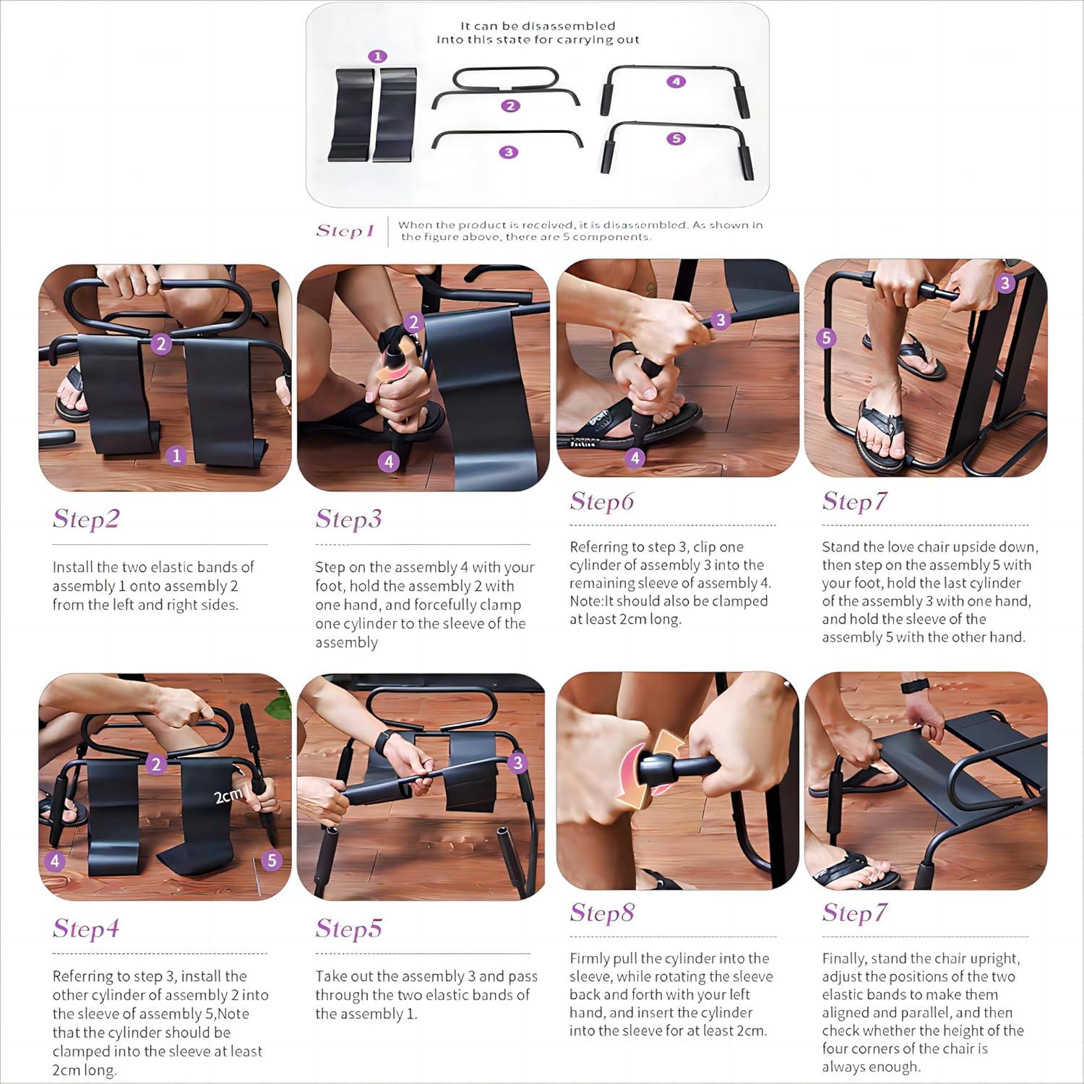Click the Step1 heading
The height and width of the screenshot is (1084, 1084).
pos(345,231)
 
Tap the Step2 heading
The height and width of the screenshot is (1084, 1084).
pos(86,519)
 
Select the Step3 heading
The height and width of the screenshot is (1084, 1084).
pos(348,519)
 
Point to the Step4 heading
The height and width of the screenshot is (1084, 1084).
pos(86,929)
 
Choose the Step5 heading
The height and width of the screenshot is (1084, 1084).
pos(348,929)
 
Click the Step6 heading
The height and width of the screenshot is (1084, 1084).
pos(602,501)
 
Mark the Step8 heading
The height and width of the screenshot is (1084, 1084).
pos(602,913)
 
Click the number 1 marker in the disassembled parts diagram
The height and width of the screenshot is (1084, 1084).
pos(377,56)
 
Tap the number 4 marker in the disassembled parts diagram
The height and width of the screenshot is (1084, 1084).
pos(676,82)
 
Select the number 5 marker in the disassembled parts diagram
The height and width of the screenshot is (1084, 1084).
pos(676,139)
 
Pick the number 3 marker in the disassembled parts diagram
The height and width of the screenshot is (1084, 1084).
pos(509,152)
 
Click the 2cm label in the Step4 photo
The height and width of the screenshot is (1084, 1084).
pos(228,796)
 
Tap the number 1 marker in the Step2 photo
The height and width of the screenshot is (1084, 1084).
pos(176,456)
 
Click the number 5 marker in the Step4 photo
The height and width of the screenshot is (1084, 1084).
pos(272,860)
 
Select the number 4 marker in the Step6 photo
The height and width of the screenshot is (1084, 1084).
pos(635,457)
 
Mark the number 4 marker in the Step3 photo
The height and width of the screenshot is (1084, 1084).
pos(389,461)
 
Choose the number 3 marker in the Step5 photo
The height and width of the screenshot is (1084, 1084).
pos(517,763)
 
